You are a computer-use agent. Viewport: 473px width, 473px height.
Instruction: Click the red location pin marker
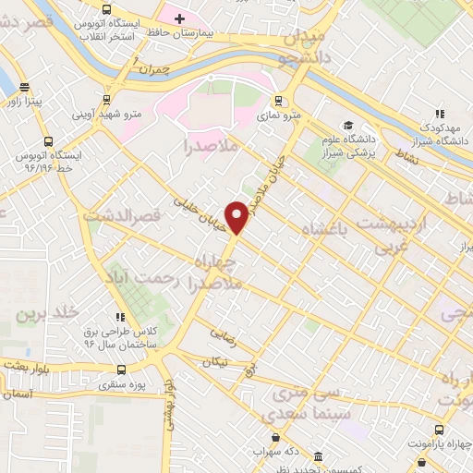click(237, 216)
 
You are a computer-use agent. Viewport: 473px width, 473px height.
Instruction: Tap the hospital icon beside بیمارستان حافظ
click(179, 18)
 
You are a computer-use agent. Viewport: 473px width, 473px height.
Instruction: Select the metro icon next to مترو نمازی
click(278, 101)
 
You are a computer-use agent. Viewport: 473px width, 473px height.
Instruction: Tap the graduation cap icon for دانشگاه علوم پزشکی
click(347, 126)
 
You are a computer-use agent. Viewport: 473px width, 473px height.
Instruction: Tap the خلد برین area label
click(42, 314)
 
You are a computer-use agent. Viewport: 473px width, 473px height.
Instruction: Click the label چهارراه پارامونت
click(435, 443)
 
